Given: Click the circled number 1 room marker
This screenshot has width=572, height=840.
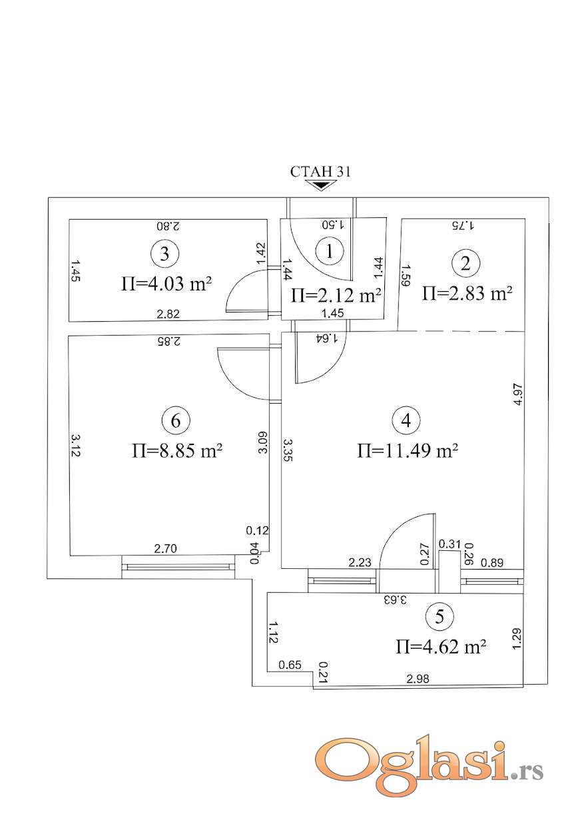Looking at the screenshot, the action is coord(330,252).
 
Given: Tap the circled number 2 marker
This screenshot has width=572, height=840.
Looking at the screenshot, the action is coord(466,264).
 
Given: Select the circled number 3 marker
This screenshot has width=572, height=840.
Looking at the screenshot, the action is coord(164,254).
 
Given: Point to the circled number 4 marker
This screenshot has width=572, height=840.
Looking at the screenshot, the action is coord(406,420).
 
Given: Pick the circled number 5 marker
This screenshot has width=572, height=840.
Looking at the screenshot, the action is coord(439,616).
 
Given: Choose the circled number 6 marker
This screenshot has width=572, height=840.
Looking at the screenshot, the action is coord(176,420).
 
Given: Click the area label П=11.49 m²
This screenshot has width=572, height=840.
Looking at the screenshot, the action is coord(408,450).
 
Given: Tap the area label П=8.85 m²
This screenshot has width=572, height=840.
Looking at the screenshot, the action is coord(177,450).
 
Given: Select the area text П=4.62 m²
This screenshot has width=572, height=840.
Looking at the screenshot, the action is coord(441,647).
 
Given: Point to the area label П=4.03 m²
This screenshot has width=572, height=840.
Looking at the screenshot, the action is coord(166,284).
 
